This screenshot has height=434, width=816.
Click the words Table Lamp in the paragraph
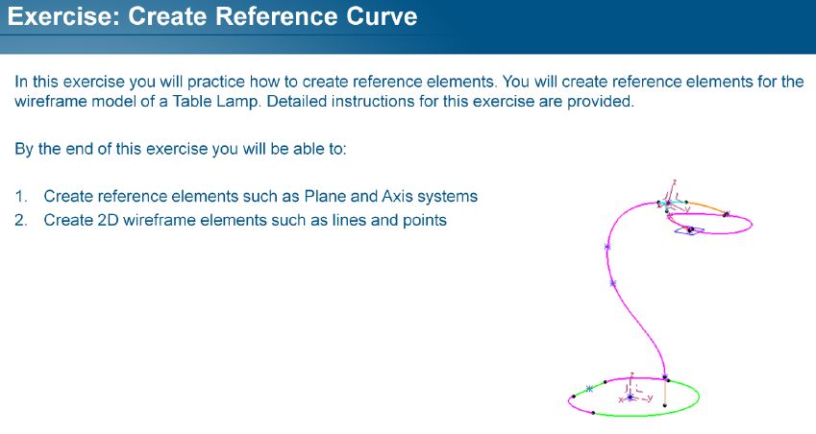click(215, 101)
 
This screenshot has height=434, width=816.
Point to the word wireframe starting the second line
click(51, 101)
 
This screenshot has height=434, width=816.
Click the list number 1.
click(21, 197)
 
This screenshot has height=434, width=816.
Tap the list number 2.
click(21, 221)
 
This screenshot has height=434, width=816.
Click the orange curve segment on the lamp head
click(706, 205)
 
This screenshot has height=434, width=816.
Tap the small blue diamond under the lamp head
click(689, 230)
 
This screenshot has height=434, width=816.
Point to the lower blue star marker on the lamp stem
click(613, 283)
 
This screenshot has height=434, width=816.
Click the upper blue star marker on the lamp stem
click(607, 247)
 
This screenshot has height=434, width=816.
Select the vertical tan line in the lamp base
click(666, 393)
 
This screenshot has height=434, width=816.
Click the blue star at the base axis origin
click(631, 398)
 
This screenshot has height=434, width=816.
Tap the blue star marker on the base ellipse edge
click(589, 389)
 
